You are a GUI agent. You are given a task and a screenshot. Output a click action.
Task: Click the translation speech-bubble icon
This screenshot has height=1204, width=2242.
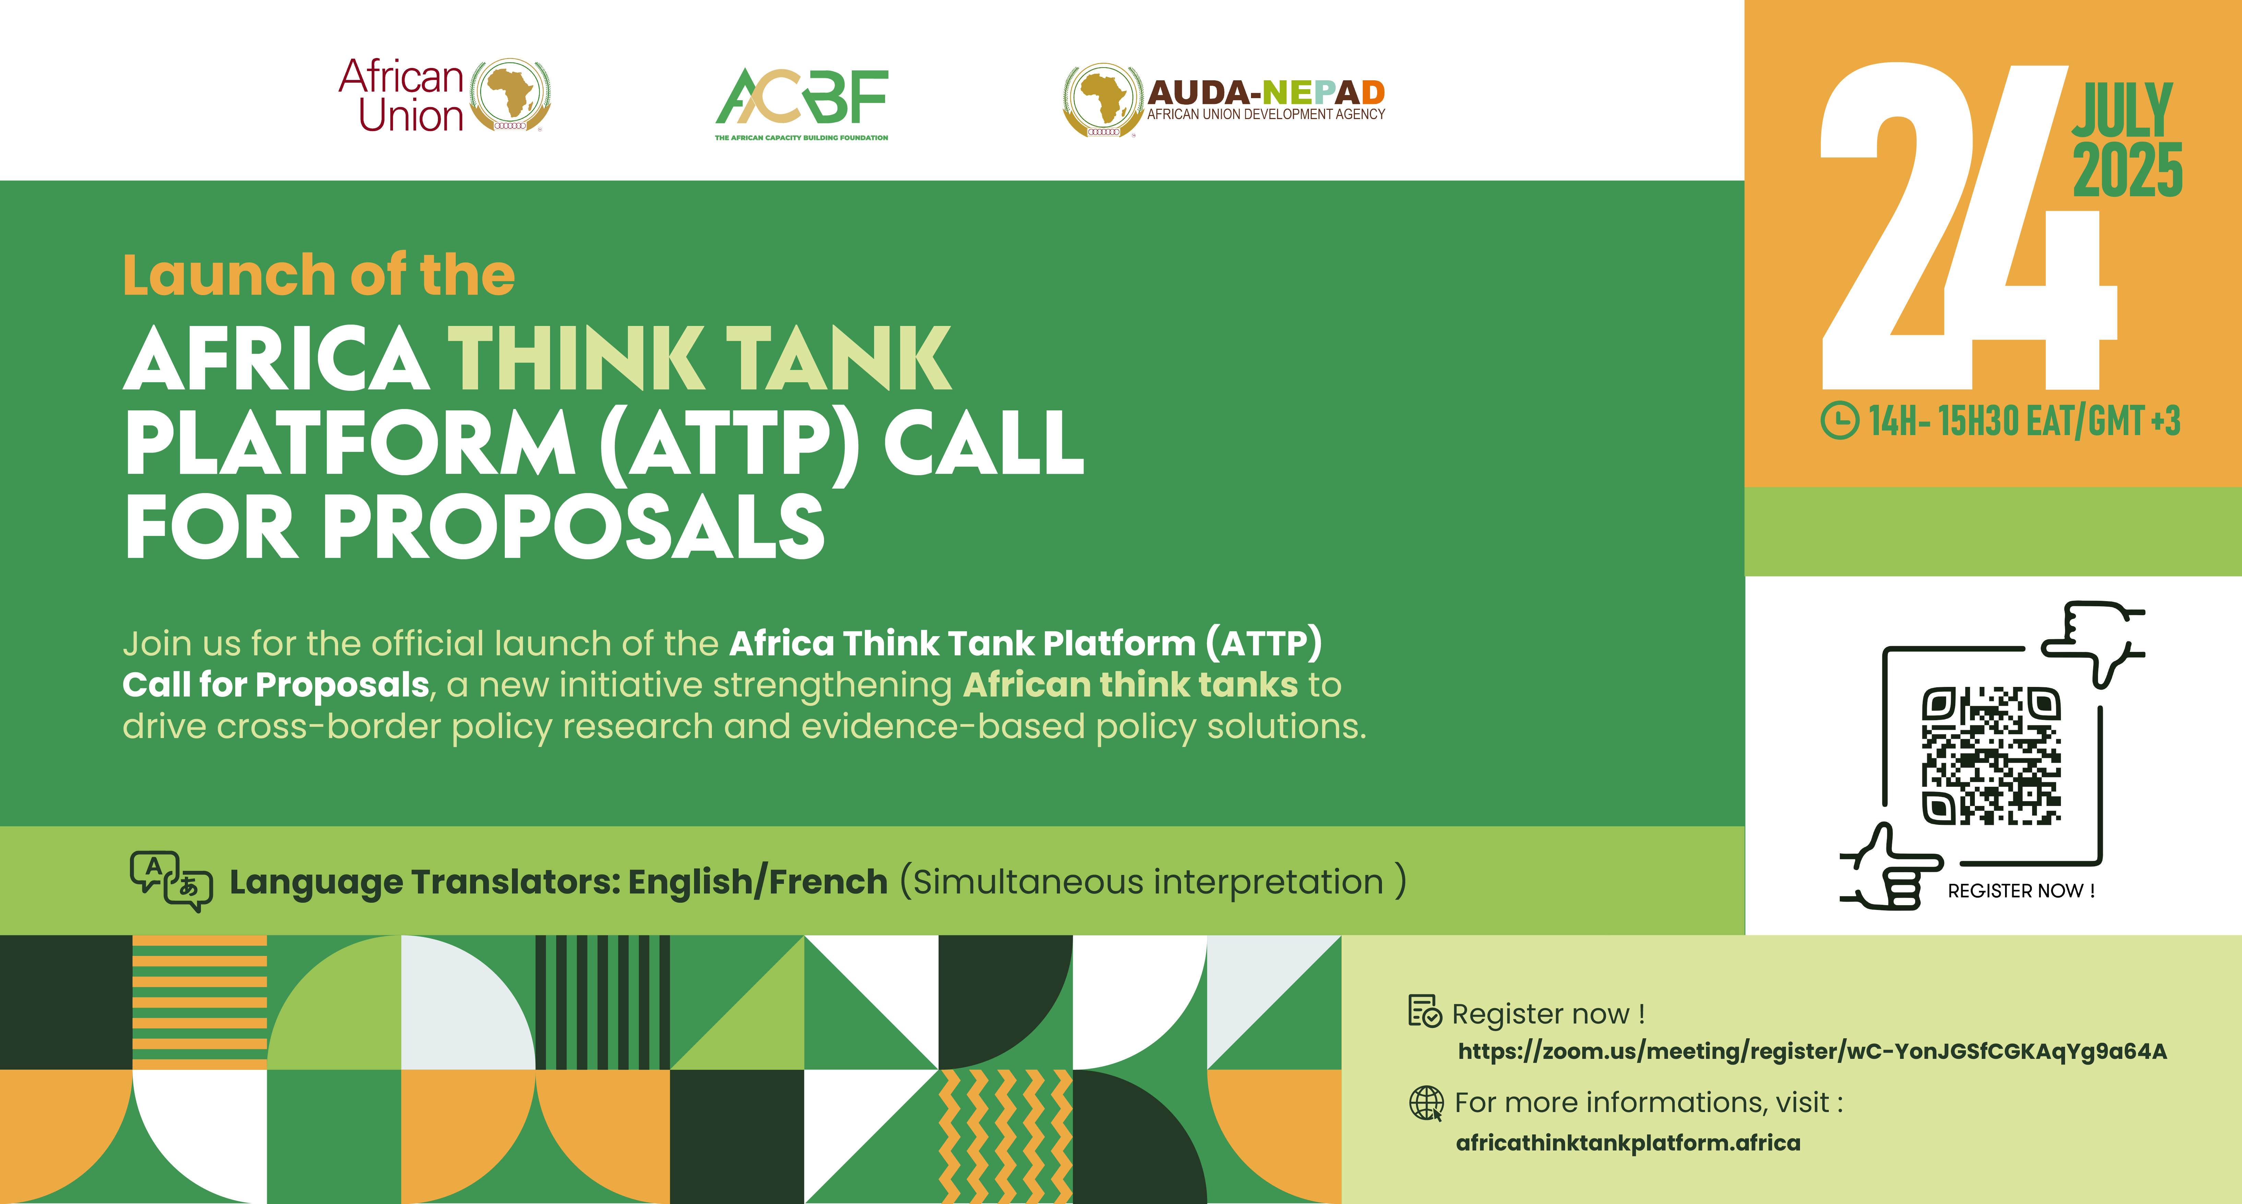tap(170, 881)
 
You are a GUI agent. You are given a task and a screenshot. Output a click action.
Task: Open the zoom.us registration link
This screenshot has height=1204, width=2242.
tap(1812, 1052)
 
